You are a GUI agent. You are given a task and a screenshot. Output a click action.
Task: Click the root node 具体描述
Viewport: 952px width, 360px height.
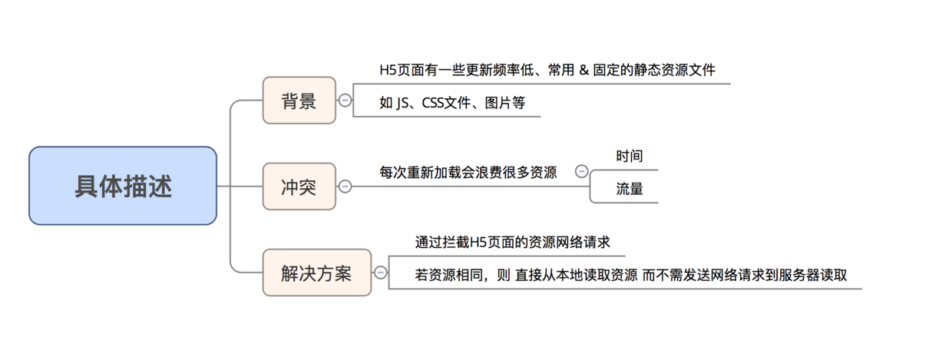point(123,186)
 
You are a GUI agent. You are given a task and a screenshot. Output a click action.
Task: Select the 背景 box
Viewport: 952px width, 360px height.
point(299,100)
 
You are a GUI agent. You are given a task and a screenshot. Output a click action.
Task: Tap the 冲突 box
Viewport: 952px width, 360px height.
point(299,186)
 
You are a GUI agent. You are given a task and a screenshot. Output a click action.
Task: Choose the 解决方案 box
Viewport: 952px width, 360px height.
point(316,272)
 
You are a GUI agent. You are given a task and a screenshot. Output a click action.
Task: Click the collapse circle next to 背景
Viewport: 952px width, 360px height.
point(345,100)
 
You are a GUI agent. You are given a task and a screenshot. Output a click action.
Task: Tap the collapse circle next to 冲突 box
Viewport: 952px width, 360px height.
point(345,186)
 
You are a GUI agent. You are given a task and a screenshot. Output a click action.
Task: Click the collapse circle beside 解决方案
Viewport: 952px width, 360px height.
point(381,272)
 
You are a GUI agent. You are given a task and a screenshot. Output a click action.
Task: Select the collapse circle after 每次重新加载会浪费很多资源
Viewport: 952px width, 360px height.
point(581,171)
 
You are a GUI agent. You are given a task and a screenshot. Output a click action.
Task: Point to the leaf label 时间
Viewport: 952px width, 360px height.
point(629,156)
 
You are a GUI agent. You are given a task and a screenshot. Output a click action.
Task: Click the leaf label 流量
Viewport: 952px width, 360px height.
point(629,188)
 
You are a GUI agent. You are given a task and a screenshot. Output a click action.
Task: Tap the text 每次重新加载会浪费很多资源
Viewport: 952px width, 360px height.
point(468,171)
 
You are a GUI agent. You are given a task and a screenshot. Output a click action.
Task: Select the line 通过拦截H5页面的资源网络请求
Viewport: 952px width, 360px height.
point(512,243)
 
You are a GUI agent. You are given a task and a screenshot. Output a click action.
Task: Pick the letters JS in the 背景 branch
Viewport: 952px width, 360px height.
point(403,103)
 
